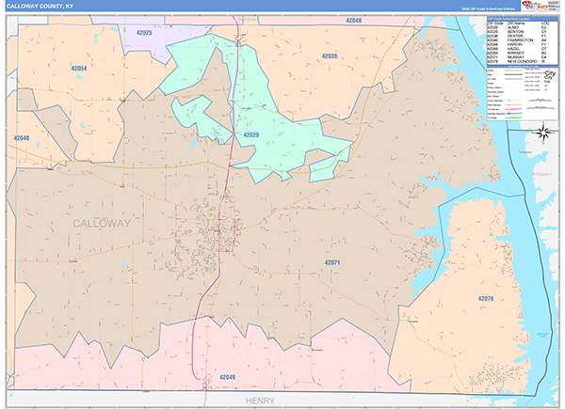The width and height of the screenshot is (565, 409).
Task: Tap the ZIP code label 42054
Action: [79, 69]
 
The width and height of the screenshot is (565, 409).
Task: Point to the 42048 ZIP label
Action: [353, 20]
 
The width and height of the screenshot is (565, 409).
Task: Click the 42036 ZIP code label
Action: [329, 56]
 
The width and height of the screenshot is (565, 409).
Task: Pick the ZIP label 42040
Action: [22, 138]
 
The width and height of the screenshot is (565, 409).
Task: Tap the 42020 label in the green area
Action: [251, 135]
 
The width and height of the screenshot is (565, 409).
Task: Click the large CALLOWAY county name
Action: [102, 222]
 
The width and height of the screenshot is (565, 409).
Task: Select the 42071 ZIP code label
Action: [336, 261]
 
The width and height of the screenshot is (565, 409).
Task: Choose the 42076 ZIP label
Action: [486, 298]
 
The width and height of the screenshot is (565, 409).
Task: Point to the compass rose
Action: [542, 133]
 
